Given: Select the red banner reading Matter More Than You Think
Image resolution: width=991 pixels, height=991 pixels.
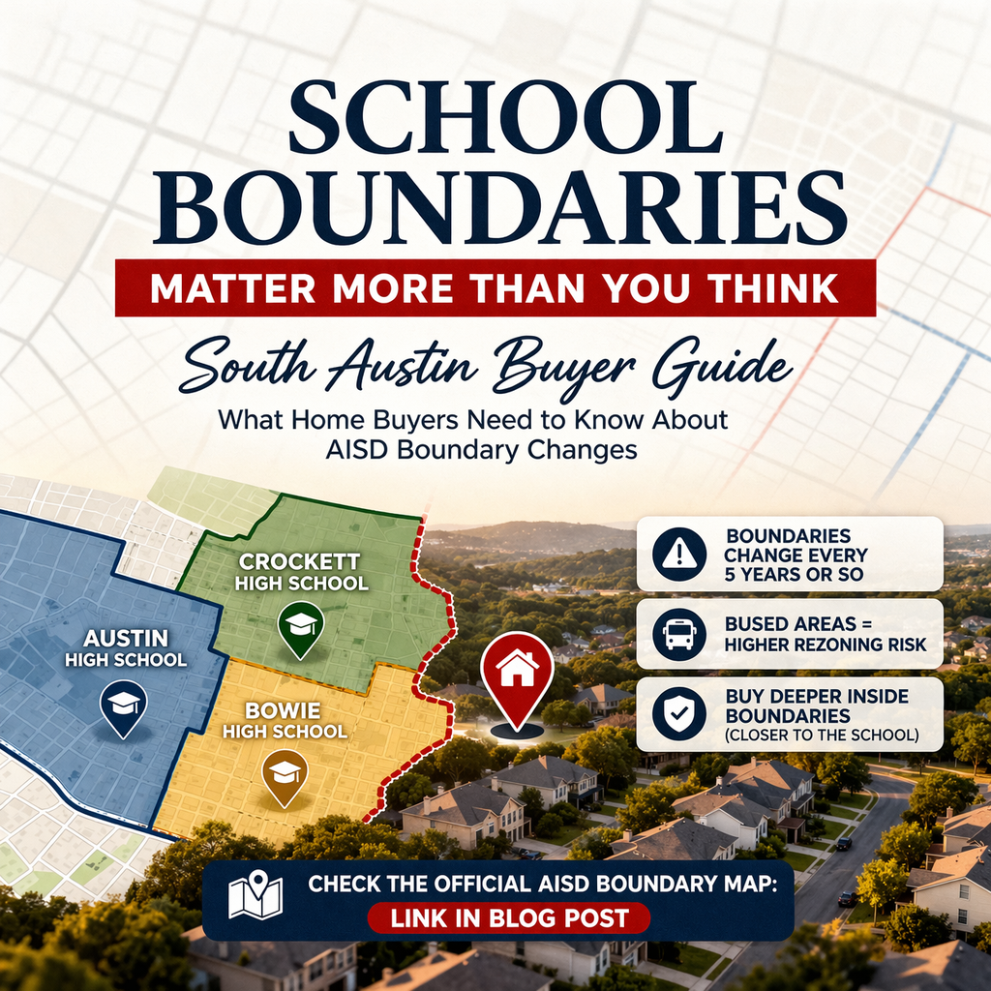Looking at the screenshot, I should (495, 287).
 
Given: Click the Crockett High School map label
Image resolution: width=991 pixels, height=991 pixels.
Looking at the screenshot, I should (301, 571).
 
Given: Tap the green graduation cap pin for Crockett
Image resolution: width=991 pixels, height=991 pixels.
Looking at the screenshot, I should (300, 627).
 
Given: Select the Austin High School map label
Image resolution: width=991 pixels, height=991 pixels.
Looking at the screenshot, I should (126, 648).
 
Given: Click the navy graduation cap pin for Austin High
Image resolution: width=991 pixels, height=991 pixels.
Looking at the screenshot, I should (124, 705).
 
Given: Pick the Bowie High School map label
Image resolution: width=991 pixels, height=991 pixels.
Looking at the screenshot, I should (285, 720).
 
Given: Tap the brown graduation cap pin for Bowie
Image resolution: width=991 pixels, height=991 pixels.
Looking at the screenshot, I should (285, 774).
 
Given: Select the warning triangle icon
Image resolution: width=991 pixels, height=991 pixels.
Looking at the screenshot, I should (680, 555).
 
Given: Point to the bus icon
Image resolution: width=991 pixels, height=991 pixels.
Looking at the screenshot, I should (679, 634).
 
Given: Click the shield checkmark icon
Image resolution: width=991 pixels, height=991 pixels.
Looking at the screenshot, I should (678, 714).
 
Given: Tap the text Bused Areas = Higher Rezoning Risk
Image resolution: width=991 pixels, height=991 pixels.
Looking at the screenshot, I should (825, 634).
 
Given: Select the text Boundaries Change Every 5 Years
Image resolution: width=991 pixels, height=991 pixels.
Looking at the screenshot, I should (796, 556).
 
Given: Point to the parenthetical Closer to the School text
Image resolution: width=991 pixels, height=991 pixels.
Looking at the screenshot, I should (820, 736).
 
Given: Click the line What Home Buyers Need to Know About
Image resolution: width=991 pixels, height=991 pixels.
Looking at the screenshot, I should (471, 421).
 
